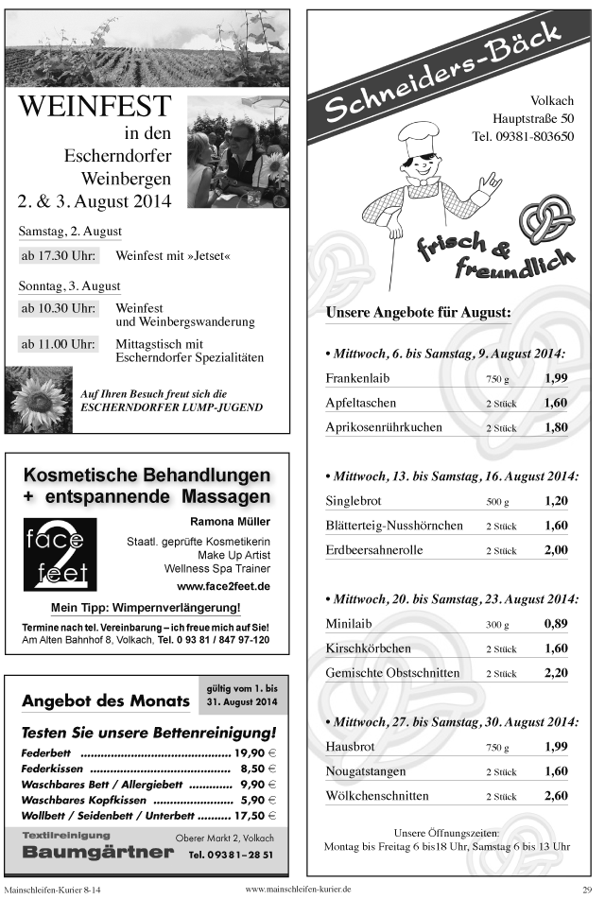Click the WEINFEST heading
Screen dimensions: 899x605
coord(95,107)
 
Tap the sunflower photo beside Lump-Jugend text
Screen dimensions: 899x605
coord(39,399)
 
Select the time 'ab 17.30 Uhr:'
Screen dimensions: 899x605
coord(59,256)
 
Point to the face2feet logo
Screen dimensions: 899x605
coord(60,553)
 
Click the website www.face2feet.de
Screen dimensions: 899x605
coord(229,586)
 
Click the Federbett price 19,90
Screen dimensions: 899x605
coord(251,752)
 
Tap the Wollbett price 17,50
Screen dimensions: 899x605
coord(251,814)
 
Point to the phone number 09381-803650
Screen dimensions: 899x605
coord(523,136)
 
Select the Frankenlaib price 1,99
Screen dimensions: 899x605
coord(555,378)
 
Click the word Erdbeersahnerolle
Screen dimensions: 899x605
coord(374,550)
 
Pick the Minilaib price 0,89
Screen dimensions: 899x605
coord(555,624)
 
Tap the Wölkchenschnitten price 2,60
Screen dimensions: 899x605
coord(555,796)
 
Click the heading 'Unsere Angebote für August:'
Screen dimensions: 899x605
coord(418,312)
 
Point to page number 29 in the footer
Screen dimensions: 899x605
coord(586,890)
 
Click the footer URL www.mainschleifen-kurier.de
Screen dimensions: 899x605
coord(298,890)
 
